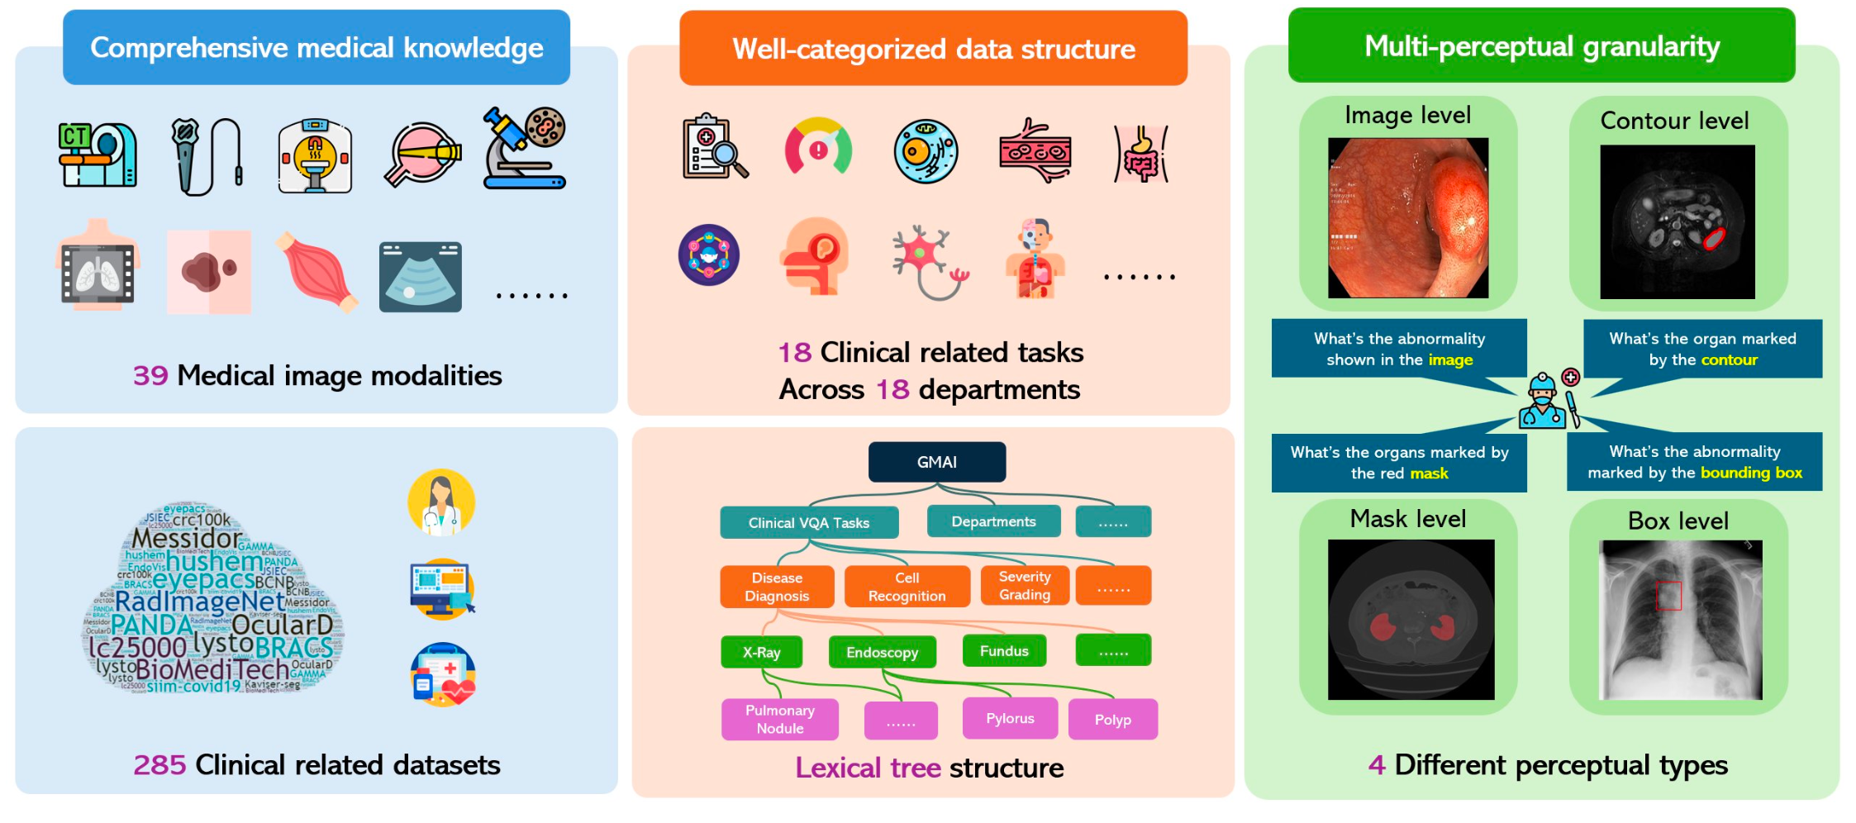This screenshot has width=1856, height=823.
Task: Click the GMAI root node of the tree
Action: [936, 462]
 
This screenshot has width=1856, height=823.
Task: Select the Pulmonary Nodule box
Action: [779, 719]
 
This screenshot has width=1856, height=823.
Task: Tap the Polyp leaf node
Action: [1112, 720]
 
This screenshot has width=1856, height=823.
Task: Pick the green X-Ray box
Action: [761, 652]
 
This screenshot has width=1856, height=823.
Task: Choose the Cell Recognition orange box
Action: [907, 587]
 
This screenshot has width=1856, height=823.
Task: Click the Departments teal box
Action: [992, 521]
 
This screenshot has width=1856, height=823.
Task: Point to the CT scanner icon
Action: [98, 155]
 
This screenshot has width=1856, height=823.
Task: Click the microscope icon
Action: [524, 149]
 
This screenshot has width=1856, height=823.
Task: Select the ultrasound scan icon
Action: [420, 277]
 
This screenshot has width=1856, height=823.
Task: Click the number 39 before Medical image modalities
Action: [150, 376]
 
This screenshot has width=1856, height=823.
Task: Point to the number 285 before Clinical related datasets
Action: [159, 765]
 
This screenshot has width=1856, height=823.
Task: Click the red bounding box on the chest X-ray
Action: [1668, 596]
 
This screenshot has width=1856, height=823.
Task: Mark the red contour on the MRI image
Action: [1714, 239]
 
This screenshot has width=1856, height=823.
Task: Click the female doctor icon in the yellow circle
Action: [441, 502]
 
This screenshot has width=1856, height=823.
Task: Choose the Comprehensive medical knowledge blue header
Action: [316, 48]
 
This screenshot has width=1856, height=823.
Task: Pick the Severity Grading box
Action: [1024, 586]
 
